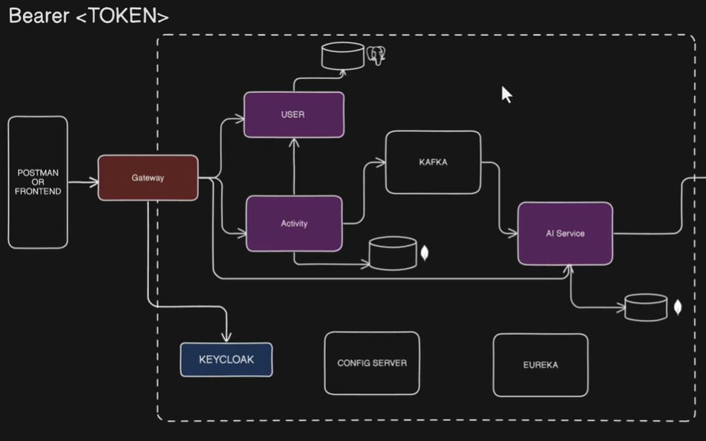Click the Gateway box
coord(148,178)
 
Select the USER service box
coord(294,115)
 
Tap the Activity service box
coord(294,223)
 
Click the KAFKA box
coord(433,163)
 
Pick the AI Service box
coord(565,233)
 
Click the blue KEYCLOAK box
coord(226,359)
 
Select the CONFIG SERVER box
coord(371,363)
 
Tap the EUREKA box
coord(540,365)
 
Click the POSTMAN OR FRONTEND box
coord(38,182)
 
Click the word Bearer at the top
coord(38,16)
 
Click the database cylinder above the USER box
coord(341,56)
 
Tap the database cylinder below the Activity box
coord(393,254)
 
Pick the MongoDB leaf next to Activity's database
coord(425,253)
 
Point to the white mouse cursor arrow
coord(506,94)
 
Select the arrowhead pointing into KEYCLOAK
coord(226,336)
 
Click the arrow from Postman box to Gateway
coord(82,179)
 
